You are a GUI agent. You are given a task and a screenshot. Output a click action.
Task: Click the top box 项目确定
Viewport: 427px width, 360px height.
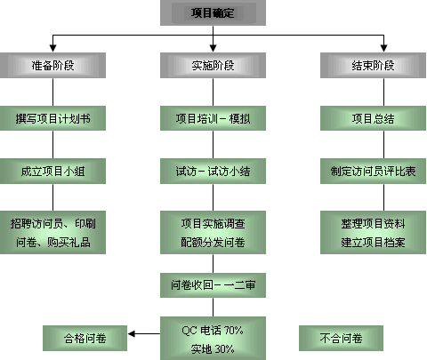click(213, 12)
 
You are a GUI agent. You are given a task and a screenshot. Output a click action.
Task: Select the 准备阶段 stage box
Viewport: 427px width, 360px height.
click(52, 65)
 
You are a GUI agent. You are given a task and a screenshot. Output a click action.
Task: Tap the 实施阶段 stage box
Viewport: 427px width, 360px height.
click(213, 65)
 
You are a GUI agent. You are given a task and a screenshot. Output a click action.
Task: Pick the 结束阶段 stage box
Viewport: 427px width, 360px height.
click(373, 65)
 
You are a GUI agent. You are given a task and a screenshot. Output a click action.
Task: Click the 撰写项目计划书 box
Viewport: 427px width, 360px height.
click(52, 118)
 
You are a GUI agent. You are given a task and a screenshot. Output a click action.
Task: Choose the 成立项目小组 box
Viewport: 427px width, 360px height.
click(52, 171)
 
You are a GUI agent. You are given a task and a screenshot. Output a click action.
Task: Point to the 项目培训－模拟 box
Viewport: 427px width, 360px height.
click(213, 118)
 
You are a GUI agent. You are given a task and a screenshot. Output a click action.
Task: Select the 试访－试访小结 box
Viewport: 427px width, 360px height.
click(213, 171)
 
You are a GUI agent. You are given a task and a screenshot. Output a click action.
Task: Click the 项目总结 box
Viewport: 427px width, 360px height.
click(373, 118)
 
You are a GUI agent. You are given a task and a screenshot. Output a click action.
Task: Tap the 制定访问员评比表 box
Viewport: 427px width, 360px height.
click(373, 171)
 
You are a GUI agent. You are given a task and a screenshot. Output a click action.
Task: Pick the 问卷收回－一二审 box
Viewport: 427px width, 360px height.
click(213, 285)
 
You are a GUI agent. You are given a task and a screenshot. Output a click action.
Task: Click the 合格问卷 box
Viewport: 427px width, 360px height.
click(85, 338)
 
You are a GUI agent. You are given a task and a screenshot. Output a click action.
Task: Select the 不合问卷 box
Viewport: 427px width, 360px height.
click(341, 338)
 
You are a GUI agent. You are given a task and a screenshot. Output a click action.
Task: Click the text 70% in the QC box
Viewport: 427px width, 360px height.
click(233, 330)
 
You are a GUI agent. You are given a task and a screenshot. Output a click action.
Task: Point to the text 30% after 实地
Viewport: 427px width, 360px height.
click(224, 349)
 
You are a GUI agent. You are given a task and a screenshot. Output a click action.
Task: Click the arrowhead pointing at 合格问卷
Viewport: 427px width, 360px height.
click(132, 334)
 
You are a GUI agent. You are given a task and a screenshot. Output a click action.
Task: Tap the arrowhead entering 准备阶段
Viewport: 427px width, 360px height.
click(52, 48)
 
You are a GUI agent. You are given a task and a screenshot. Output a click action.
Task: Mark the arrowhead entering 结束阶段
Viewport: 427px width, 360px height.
click(383, 48)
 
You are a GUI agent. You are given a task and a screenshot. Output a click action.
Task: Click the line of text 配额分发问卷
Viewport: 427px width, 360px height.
click(213, 242)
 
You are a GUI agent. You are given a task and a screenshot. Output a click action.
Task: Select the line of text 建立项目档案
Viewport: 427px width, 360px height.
click(373, 242)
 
